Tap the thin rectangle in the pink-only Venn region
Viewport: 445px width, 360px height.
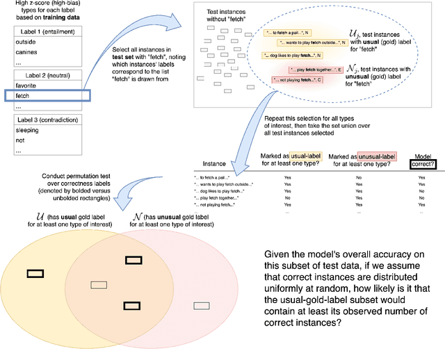tap(202, 306)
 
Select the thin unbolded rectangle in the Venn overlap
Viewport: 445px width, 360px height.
tap(99, 284)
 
